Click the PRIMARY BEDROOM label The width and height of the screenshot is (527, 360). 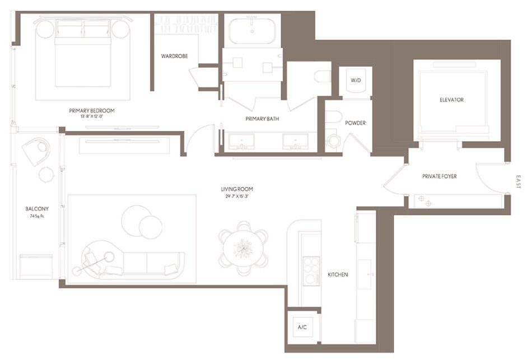point(92,110)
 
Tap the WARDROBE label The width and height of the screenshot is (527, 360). point(174,56)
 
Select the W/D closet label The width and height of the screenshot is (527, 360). point(356,81)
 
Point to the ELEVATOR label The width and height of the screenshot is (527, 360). point(452,100)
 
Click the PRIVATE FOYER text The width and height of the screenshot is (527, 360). point(440,176)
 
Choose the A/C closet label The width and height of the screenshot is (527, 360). point(302,327)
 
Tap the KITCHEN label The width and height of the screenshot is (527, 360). point(338,274)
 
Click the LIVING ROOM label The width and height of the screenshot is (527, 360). point(237,189)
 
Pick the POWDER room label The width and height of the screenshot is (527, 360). point(356,123)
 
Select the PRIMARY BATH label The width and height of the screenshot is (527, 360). point(262,119)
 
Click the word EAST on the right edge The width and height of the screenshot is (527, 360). point(519,182)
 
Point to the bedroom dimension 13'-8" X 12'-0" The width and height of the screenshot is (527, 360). point(92,117)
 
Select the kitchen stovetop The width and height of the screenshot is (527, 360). point(311,271)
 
